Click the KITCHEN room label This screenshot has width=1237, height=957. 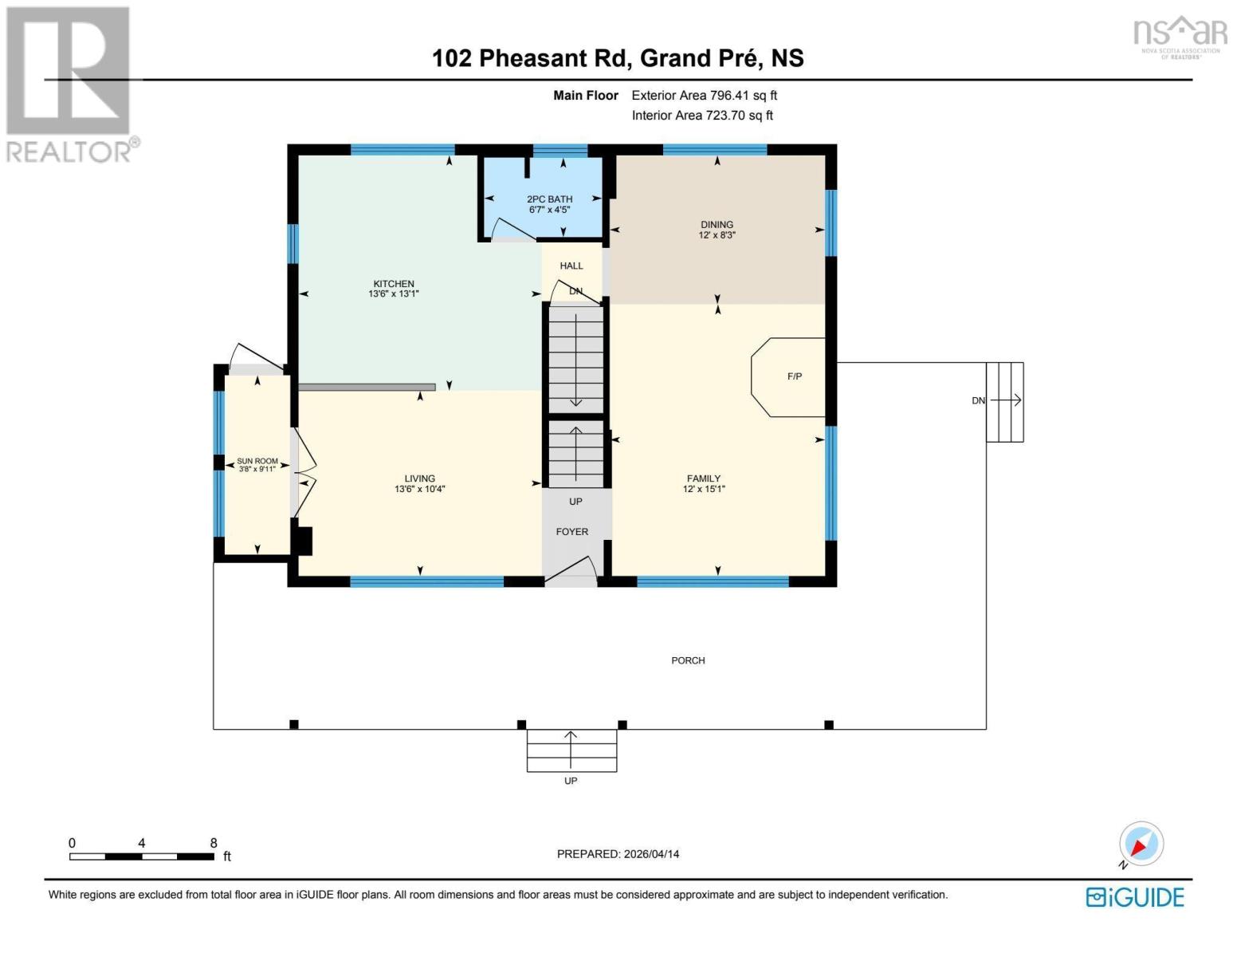coord(394,284)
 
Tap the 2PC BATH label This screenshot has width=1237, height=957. coord(549,199)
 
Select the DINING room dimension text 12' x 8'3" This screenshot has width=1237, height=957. coord(717,235)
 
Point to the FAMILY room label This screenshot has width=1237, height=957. coord(703,478)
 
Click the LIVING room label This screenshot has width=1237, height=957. coord(419,478)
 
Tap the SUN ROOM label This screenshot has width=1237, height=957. coord(257,461)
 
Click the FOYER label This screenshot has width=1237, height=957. coord(571,531)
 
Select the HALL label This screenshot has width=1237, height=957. coord(571,266)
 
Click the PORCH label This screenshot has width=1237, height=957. coord(687,660)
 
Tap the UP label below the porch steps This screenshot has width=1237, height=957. coord(570,781)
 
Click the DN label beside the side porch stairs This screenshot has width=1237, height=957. coord(977,400)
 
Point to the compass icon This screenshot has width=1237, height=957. coord(1141,845)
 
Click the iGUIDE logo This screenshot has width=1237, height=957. coord(1134,897)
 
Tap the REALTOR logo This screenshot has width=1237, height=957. coord(69,84)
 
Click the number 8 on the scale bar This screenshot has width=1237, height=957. coord(214,843)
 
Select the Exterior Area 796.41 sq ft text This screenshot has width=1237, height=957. coord(704,96)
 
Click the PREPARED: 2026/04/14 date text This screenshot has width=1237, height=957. coord(618,854)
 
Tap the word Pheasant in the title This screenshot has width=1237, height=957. coord(532,58)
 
